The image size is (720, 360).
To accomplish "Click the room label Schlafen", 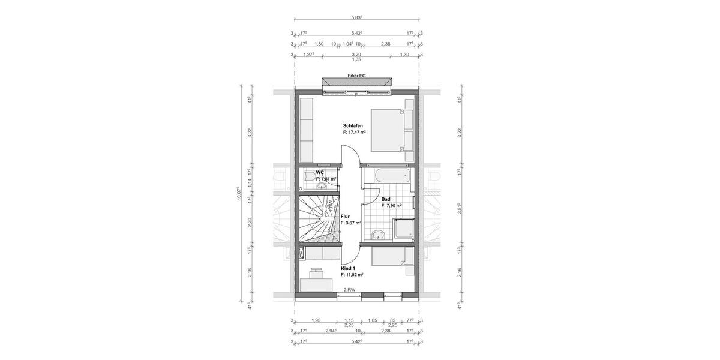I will click(x=353, y=125).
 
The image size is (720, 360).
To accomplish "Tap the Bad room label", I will click(x=386, y=199).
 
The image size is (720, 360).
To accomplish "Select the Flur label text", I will click(x=345, y=217).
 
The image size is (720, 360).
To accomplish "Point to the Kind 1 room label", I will click(x=349, y=269).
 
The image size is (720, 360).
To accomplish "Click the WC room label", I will click(x=320, y=172).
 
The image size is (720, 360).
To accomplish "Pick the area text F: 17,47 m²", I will click(x=355, y=132).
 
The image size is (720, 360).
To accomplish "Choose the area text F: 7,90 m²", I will click(x=391, y=205).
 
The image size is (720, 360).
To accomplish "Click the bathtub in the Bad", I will click(x=389, y=177).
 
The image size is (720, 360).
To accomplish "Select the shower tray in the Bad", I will click(x=404, y=230).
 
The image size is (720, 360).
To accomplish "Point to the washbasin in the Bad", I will click(x=377, y=234).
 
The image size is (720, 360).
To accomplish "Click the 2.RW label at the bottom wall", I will click(x=349, y=290).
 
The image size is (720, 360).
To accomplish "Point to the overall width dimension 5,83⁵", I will click(x=356, y=18).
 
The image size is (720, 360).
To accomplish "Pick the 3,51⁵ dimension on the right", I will click(x=459, y=207).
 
